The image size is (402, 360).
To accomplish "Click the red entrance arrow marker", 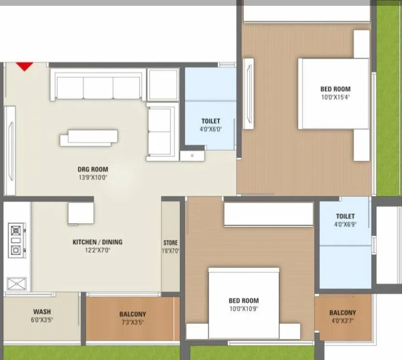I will [x=25, y=66].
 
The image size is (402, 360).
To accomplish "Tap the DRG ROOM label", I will [x=92, y=169].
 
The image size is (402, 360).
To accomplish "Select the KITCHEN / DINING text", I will [x=97, y=242].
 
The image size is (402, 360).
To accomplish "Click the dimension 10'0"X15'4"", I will [x=335, y=97].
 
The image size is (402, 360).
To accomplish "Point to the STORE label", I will [x=170, y=243].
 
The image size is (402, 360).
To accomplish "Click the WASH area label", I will [x=42, y=312].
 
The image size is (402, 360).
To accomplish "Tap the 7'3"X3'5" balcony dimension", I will [x=132, y=322].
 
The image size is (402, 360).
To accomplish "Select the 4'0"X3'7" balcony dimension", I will [x=342, y=321].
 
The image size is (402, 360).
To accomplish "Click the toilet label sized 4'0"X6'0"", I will [x=210, y=121].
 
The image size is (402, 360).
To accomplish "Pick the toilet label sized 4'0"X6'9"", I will [x=345, y=216].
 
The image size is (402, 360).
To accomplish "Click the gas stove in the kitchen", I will [x=15, y=239].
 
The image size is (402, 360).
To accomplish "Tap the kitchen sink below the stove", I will [x=15, y=283].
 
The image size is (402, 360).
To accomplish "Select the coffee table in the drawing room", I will [x=89, y=138].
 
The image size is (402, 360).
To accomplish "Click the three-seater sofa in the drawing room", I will [x=98, y=86].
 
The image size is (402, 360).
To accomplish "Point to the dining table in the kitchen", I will [x=81, y=213].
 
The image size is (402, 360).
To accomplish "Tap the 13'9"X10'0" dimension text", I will [x=92, y=178].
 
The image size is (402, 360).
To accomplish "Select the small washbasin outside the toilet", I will [x=193, y=155].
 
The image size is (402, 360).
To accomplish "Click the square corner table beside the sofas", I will [x=163, y=85].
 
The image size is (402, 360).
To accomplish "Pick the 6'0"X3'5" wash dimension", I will [x=42, y=320].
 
